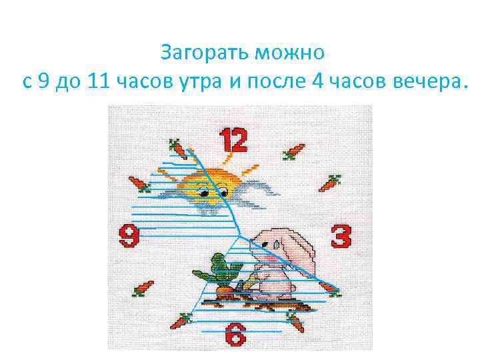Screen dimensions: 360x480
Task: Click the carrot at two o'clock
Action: (x=329, y=183)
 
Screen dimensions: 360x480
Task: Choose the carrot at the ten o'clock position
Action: (x=139, y=183)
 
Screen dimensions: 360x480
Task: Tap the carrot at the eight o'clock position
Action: (x=143, y=289)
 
